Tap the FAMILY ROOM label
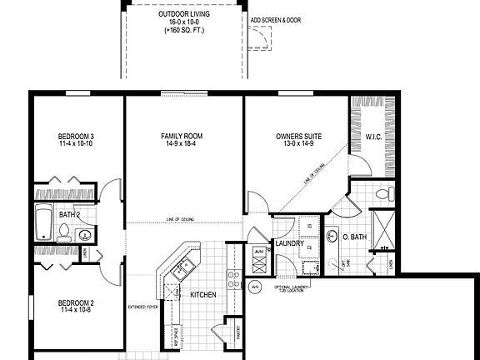tap(182, 136)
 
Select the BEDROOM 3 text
tap(75, 136)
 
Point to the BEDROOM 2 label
tap(75, 302)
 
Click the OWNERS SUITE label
tap(298, 136)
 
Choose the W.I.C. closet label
tap(374, 136)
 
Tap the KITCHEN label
tap(203, 295)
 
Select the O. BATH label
tap(356, 237)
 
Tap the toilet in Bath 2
tap(63, 237)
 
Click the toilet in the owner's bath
tap(384, 195)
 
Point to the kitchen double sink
tap(182, 267)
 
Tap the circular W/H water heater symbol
tap(255, 287)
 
